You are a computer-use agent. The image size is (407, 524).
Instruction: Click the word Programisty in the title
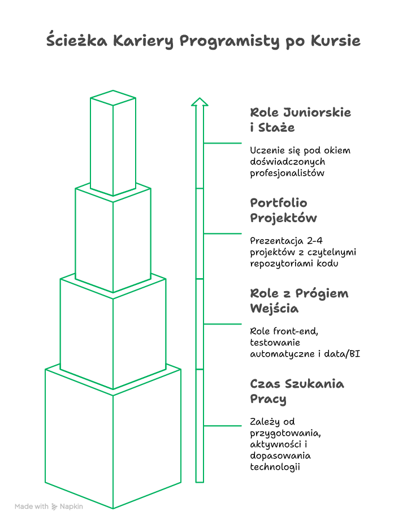coord(230,41)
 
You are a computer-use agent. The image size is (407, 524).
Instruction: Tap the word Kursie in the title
coord(335,41)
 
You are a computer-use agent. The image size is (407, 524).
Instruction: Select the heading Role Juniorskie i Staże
coord(300,120)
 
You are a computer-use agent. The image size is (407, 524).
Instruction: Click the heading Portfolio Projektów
coord(283,210)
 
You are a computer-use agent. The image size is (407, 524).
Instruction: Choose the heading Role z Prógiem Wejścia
coord(299,301)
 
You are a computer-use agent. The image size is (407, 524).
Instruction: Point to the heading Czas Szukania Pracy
coord(297,391)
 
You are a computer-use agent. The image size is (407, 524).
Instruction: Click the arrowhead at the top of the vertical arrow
coord(200,102)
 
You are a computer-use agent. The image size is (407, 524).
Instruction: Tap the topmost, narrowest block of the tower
coord(113,142)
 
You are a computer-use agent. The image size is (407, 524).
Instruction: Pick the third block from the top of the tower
coord(113,334)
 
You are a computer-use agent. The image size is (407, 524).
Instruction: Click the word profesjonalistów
coord(287,173)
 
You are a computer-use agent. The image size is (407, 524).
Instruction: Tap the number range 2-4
coord(314,241)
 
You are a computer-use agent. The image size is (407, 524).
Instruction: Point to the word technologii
coord(275,467)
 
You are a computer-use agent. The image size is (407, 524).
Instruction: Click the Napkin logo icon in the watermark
coord(54,506)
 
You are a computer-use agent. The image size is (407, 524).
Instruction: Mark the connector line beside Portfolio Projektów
coord(223,233)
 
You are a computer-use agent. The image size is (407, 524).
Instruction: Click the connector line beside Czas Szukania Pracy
coord(223,426)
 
